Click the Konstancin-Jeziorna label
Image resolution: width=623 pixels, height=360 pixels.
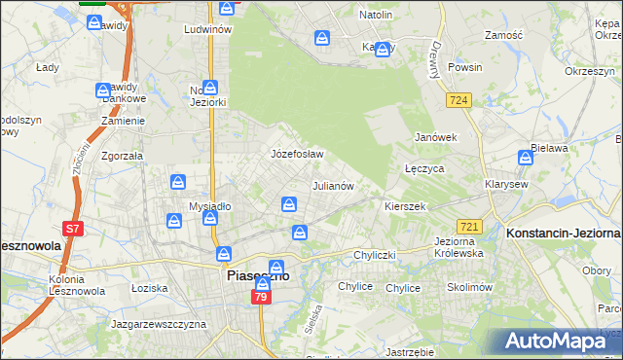(565, 234)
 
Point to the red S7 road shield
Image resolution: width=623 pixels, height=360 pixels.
(72, 230)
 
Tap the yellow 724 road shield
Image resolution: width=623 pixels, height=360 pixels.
(460, 99)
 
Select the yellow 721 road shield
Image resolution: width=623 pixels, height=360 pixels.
(468, 226)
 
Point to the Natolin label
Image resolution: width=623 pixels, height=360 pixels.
(376, 15)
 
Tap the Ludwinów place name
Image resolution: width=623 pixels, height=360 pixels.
(207, 29)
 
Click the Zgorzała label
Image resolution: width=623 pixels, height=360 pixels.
(122, 155)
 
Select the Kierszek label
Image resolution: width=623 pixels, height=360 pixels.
(405, 207)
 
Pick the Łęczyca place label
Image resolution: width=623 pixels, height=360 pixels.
(424, 168)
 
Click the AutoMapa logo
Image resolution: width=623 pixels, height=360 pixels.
(561, 341)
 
